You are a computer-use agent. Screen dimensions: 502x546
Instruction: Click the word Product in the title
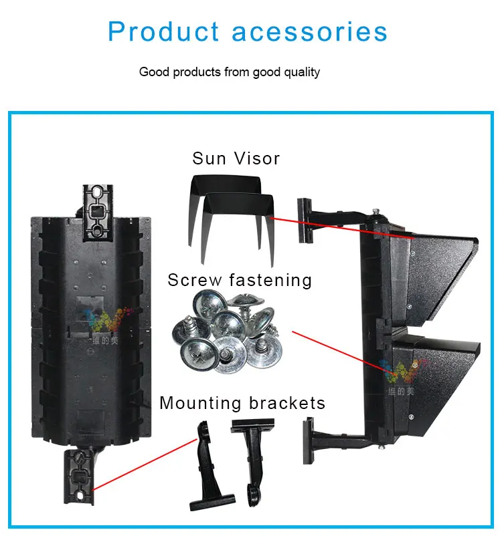coord(163,31)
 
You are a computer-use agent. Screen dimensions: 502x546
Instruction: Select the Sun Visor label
coord(236,158)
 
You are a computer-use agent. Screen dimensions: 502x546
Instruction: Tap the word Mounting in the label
coord(200,403)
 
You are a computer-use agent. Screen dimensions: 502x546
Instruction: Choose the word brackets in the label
coord(286,403)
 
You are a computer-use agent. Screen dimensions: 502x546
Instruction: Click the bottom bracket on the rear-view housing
coord(79,474)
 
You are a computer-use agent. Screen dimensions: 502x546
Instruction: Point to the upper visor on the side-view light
coord(435,267)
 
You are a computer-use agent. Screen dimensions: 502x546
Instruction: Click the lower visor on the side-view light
coord(435,374)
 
